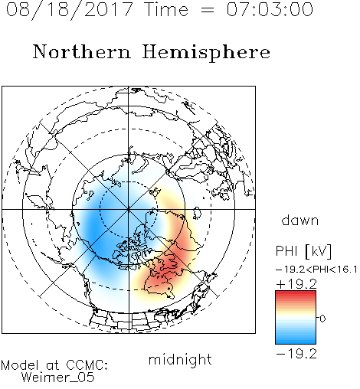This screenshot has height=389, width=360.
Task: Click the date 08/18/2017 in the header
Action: coord(69,10)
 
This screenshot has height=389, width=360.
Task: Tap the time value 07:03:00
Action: coord(270,9)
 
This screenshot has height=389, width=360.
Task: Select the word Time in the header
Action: coord(166,9)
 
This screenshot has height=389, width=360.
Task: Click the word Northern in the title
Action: coord(82,51)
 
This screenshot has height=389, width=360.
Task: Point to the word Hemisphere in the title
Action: coord(206,53)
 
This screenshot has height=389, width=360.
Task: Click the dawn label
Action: coord(300,220)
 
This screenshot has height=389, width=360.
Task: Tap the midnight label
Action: coord(180,359)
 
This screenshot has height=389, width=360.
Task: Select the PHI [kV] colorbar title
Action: coord(303,251)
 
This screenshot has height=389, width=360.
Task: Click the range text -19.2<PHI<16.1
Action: coord(316,270)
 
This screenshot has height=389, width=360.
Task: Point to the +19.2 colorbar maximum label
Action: coord(296,284)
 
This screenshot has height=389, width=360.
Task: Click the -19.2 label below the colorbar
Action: coord(296,354)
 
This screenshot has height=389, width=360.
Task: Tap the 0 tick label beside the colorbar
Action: coord(322,319)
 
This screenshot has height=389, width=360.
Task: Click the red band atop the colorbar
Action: coord(296,296)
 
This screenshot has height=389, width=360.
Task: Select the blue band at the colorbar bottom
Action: coord(296,338)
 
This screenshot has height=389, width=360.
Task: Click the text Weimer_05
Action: coord(58,377)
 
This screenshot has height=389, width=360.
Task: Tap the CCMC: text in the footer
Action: coord(87,365)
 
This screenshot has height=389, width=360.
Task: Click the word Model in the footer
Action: coord(20,365)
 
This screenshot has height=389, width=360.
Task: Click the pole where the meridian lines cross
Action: coord(129,209)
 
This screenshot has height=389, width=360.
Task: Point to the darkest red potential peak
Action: coord(167,266)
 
